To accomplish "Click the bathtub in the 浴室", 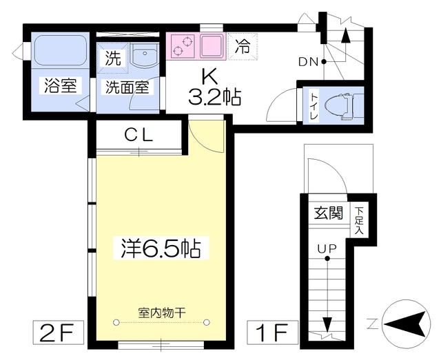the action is tap(60, 50).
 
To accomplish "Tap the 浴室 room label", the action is tap(61, 85).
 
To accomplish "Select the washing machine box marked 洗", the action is tap(113, 58).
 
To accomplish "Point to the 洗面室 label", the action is tap(127, 87).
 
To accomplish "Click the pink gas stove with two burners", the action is tap(182, 46).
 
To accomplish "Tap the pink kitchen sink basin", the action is tap(212, 46).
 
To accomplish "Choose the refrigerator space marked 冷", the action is tap(243, 46).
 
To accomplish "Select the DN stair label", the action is tap(308, 62).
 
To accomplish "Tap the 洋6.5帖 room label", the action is tap(161, 248).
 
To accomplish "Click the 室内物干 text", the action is tap(161, 313).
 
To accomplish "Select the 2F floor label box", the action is tap(58, 332).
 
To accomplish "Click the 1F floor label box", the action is tap(273, 332).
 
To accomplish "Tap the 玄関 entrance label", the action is tap(329, 213).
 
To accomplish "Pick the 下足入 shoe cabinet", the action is tap(359, 220).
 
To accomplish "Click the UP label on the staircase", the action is tap(327, 248).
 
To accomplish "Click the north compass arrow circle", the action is tap(406, 324).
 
